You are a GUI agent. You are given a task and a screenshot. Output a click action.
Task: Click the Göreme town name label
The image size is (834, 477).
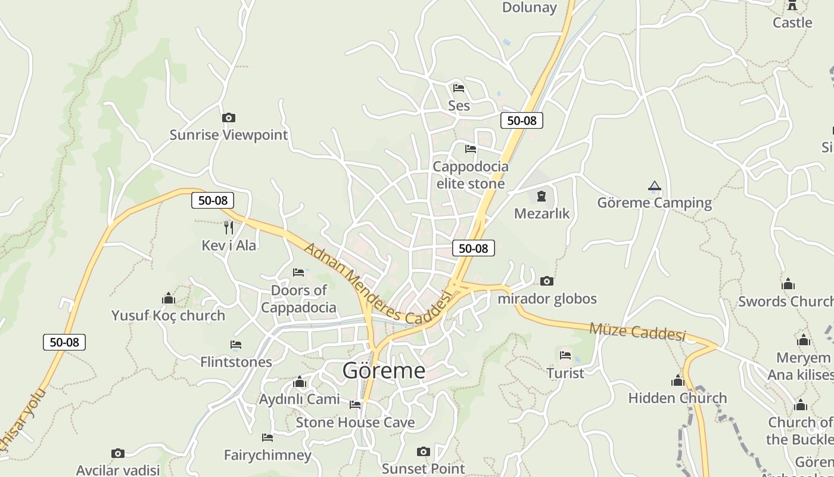pyautogui.click(x=384, y=371)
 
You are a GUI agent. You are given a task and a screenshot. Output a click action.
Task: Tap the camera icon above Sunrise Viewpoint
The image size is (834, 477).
pyautogui.click(x=228, y=118)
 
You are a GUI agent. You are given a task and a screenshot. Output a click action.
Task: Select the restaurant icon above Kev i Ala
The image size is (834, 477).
pyautogui.click(x=228, y=227)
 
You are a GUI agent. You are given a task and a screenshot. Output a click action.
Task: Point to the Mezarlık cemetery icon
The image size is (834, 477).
pyautogui.click(x=542, y=196)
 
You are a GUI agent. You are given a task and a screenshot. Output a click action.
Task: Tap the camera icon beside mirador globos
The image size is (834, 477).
pyautogui.click(x=546, y=281)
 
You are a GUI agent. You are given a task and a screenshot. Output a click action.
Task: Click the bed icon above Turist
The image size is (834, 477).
pyautogui.click(x=565, y=356)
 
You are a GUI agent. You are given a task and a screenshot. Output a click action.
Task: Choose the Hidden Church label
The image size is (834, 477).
pyautogui.click(x=677, y=398)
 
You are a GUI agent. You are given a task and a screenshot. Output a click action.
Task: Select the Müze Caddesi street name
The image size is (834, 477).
pyautogui.click(x=637, y=332)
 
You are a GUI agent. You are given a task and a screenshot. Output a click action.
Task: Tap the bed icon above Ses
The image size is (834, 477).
pyautogui.click(x=458, y=88)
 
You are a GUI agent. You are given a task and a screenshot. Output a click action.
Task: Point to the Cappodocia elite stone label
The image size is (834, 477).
pyautogui.click(x=470, y=175)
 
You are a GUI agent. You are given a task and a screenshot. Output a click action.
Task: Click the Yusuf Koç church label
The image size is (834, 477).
pyautogui.click(x=168, y=315)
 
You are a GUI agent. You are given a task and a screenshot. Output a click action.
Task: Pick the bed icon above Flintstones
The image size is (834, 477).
pyautogui.click(x=236, y=345)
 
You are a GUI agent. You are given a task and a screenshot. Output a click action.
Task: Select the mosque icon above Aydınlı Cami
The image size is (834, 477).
pyautogui.click(x=299, y=382)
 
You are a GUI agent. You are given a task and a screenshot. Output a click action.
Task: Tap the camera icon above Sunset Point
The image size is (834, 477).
pyautogui.click(x=423, y=451)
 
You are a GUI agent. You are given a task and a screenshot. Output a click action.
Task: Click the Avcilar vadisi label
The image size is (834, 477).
pyautogui.click(x=118, y=470)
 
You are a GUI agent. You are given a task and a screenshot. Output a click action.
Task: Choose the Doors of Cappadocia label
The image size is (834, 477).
pyautogui.click(x=298, y=299)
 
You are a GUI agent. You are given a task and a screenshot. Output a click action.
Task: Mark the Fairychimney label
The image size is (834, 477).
pyautogui.click(x=267, y=455)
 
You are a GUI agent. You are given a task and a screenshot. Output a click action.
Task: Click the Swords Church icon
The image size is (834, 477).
pyautogui.click(x=788, y=284)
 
